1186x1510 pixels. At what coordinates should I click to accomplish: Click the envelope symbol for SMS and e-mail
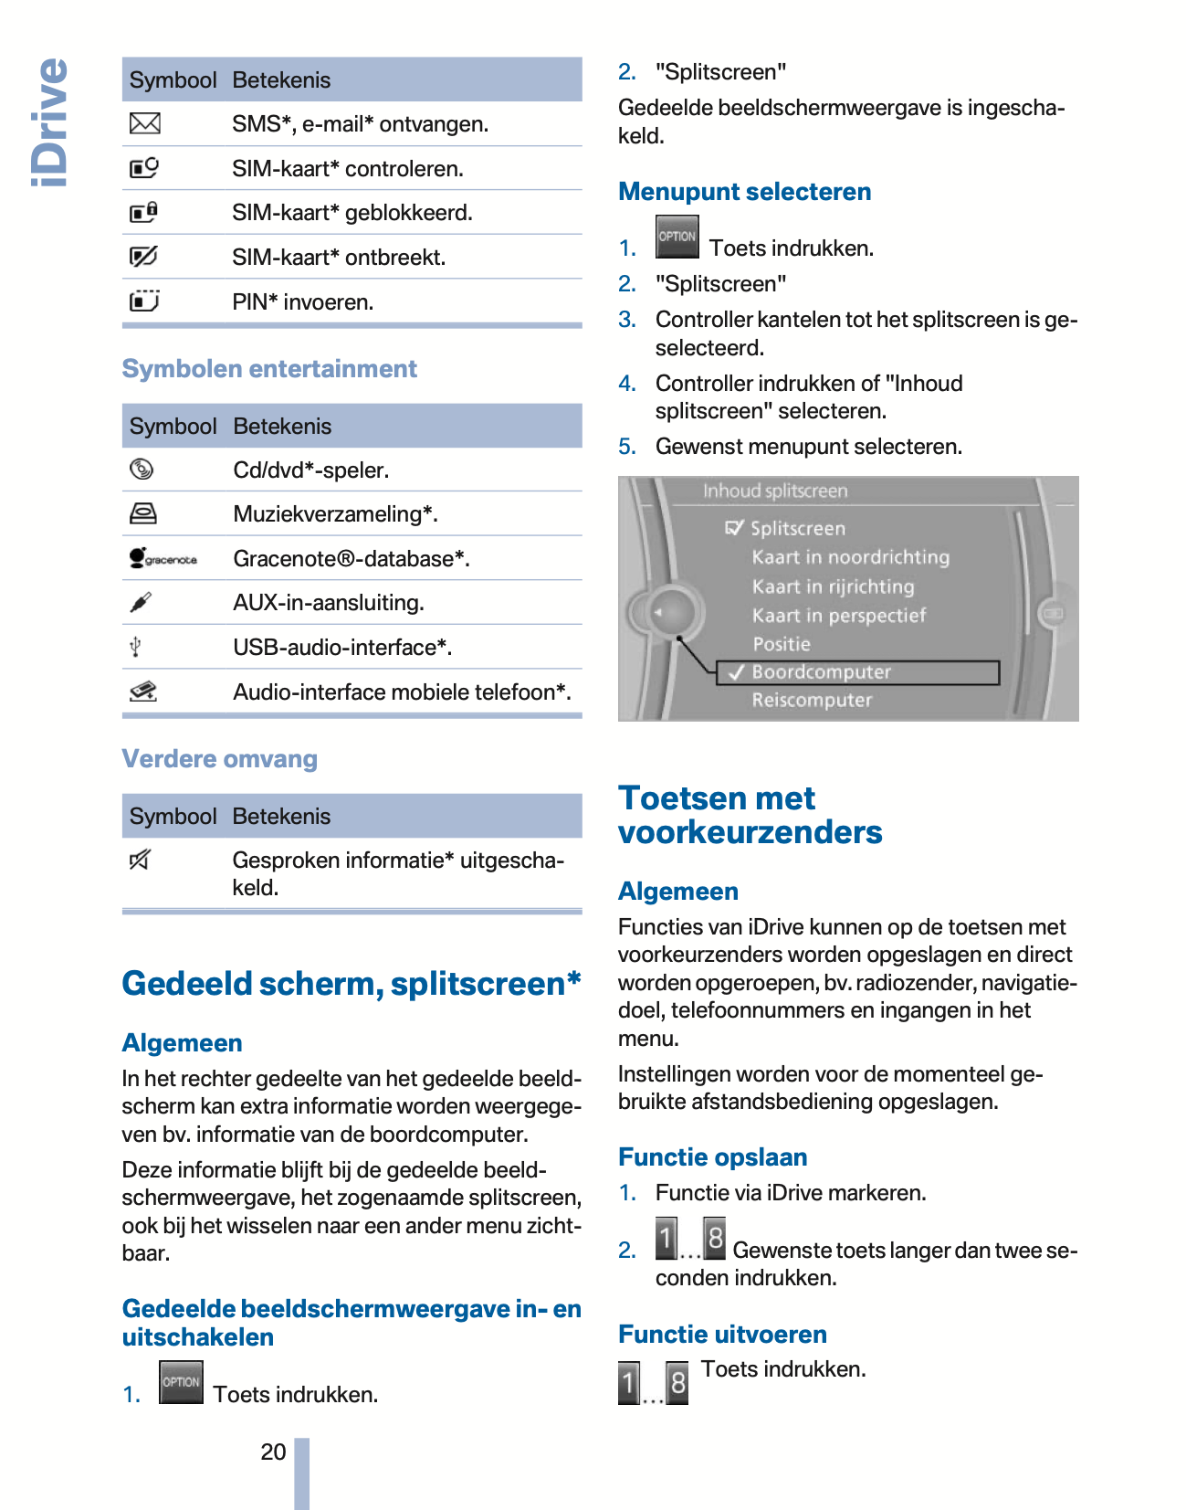click(144, 123)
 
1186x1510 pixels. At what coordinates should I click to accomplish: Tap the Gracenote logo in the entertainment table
click(163, 558)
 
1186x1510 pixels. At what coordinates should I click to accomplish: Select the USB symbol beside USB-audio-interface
click(135, 647)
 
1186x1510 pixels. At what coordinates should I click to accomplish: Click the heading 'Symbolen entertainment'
click(269, 369)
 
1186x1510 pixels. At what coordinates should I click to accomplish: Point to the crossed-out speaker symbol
click(140, 860)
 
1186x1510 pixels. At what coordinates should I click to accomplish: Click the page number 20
click(273, 1452)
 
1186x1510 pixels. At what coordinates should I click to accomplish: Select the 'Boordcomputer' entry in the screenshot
click(821, 672)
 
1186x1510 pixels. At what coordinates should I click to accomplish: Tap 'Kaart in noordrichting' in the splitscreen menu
click(850, 557)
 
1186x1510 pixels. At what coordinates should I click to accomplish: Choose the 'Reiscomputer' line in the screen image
click(812, 701)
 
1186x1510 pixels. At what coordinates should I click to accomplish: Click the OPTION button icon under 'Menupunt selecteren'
click(677, 237)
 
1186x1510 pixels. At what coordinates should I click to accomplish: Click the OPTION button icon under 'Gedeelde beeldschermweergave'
click(181, 1382)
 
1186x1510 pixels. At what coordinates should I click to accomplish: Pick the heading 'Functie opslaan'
click(712, 1157)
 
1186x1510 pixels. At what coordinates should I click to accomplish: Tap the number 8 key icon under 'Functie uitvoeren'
click(677, 1383)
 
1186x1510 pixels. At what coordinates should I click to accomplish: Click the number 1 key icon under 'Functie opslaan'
click(666, 1239)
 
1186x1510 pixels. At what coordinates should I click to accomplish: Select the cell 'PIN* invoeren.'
click(303, 302)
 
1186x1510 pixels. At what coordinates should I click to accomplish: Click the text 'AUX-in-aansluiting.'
click(329, 603)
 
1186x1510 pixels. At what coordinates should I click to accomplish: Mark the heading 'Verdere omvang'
click(220, 759)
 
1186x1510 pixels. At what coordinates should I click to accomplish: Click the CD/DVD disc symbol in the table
click(142, 470)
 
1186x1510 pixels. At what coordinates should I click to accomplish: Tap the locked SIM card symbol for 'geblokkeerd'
click(143, 213)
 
